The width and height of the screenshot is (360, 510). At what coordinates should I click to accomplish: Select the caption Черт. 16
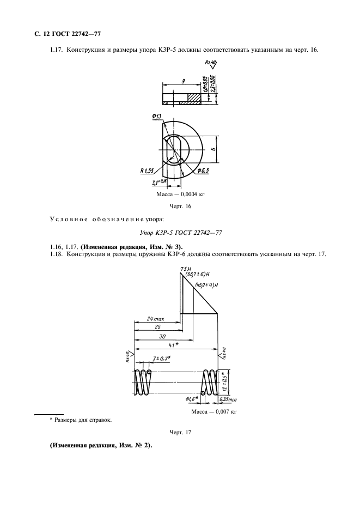point(180,207)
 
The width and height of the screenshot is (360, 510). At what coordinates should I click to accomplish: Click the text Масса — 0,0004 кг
point(180,193)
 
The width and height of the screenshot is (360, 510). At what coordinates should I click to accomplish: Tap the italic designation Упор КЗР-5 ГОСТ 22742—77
point(180,233)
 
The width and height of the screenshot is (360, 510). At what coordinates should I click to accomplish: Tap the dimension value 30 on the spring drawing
point(162,337)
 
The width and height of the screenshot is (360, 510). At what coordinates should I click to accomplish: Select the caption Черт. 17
point(180,432)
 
